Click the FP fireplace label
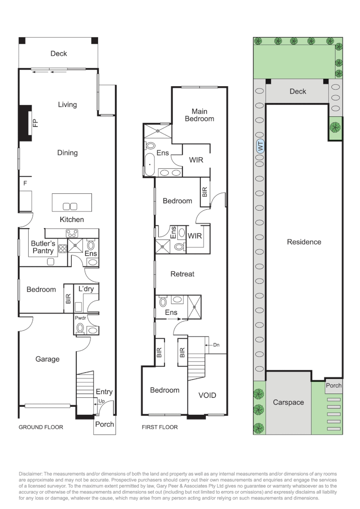click(35, 123)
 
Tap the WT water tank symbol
click(261, 147)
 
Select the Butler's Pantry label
click(43, 247)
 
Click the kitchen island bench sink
click(70, 206)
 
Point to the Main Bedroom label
click(199, 115)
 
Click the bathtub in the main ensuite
click(150, 164)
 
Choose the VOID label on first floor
click(207, 395)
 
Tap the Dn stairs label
click(216, 345)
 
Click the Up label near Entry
click(102, 401)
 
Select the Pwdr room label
click(80, 318)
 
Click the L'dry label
click(86, 289)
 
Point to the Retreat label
click(182, 274)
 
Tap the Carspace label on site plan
click(288, 402)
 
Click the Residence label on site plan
click(304, 242)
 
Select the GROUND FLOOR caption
click(41, 427)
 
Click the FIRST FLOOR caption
click(160, 427)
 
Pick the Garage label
click(48, 359)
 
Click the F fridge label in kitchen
click(25, 183)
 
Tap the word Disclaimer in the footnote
click(31, 474)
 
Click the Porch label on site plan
click(334, 386)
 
